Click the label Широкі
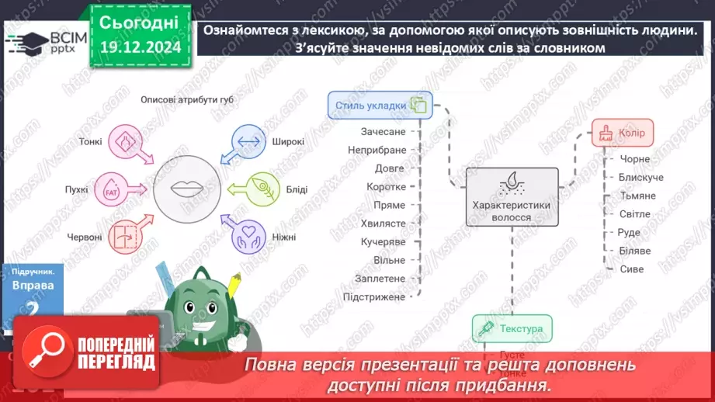[x=287, y=143]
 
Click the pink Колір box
[x=623, y=133]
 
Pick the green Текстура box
[x=512, y=329]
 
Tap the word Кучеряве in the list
[x=379, y=241]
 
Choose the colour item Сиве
[x=632, y=269]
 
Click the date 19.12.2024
[x=139, y=47]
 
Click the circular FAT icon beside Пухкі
[x=121, y=189]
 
